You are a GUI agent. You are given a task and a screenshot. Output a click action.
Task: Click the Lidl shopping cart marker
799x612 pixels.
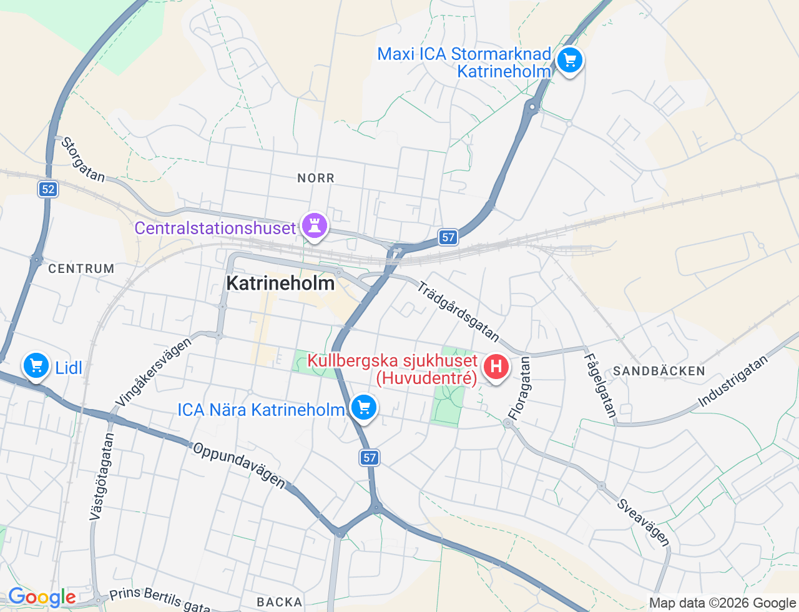(36, 366)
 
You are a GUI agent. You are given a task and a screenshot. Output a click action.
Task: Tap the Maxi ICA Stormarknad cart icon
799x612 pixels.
(569, 61)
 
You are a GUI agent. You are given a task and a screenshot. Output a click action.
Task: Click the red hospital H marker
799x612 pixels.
(496, 367)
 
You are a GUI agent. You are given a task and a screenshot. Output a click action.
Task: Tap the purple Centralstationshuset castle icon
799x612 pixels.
(315, 226)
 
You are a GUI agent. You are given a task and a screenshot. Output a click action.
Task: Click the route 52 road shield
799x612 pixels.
(48, 189)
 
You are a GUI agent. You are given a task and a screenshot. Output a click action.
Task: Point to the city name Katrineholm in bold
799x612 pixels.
(280, 284)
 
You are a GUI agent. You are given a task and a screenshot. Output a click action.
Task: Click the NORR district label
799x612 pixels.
(316, 179)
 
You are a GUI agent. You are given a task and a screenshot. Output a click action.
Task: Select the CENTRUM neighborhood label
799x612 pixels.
(81, 269)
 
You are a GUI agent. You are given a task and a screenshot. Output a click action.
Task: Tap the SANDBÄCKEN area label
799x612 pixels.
(659, 372)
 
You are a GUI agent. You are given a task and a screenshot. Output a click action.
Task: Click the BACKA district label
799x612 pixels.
(279, 602)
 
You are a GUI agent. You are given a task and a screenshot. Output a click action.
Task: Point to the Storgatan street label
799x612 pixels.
(83, 160)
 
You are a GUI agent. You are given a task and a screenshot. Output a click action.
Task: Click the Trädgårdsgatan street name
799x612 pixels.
(458, 312)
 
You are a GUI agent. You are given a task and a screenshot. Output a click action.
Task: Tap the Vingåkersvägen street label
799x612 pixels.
(154, 372)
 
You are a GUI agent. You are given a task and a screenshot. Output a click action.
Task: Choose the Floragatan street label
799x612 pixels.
(519, 388)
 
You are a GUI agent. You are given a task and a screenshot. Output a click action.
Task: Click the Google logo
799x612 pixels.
(41, 598)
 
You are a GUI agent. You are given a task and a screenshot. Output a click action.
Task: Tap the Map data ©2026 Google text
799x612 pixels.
(722, 603)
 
